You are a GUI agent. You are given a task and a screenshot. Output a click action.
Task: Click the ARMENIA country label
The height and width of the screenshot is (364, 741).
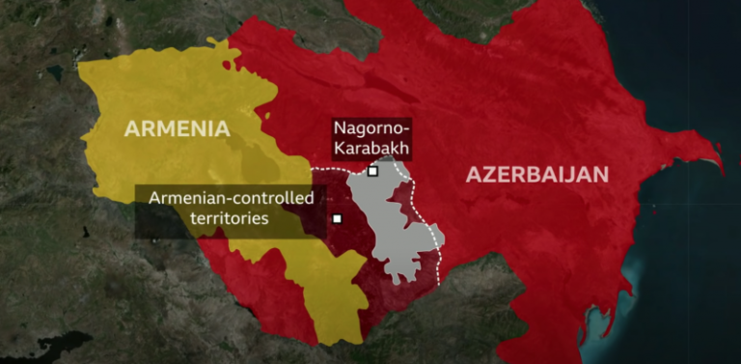pyautogui.click(x=176, y=128)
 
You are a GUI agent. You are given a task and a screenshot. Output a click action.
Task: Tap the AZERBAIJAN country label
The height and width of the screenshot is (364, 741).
pyautogui.click(x=537, y=175)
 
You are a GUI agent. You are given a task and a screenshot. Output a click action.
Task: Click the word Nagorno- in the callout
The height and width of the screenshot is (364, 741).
pyautogui.click(x=371, y=129)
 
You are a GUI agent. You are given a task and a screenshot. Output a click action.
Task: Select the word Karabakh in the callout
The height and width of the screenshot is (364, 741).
pyautogui.click(x=371, y=149)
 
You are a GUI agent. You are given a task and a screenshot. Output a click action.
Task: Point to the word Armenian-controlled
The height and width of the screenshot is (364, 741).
pyautogui.click(x=232, y=199)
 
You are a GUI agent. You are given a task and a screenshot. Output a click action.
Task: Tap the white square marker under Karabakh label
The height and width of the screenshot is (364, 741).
pyautogui.click(x=372, y=172)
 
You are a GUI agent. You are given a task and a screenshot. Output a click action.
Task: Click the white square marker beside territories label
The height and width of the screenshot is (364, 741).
pyautogui.click(x=337, y=218)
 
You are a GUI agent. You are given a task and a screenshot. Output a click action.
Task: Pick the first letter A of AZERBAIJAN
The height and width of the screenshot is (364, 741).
pyautogui.click(x=474, y=175)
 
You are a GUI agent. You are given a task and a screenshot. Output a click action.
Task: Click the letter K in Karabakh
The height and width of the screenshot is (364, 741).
pyautogui.click(x=338, y=149)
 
